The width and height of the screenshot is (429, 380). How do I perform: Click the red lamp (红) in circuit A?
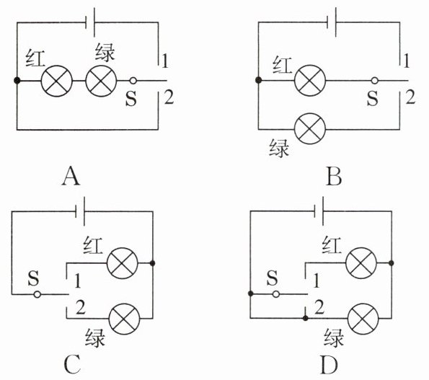pos(57,81)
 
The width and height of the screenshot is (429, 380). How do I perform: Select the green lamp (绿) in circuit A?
pos(101,81)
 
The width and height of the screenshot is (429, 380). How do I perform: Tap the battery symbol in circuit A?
pos(90,22)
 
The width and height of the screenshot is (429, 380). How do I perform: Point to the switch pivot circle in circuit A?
pos(133,81)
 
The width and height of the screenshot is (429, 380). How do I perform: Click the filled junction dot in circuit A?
pos(17,81)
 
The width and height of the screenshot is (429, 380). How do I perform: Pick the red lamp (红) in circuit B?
pos(310,81)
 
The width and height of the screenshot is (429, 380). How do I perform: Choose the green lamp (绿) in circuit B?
pos(310,129)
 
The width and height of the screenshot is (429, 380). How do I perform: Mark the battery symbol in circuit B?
pos(332,22)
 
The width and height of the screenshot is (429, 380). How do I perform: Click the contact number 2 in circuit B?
pos(410,97)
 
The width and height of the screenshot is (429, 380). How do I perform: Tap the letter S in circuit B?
pos(372,99)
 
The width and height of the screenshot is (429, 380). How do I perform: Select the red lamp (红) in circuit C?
pos(123,263)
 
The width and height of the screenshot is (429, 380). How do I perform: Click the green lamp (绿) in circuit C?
pos(124,319)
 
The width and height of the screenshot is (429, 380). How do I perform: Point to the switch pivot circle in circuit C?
pos(37,294)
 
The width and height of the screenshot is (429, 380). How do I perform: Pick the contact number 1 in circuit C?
pos(78,281)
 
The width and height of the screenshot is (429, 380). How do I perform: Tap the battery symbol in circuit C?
pos(80,211)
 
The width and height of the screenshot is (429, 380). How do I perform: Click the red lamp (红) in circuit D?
pos(361,263)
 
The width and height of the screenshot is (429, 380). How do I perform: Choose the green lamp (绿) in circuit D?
pos(363,319)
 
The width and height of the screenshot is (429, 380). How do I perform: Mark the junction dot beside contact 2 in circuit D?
pos(306,318)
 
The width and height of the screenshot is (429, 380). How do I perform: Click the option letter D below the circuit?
pos(329,366)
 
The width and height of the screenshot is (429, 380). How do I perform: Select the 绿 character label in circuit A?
pos(105,53)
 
